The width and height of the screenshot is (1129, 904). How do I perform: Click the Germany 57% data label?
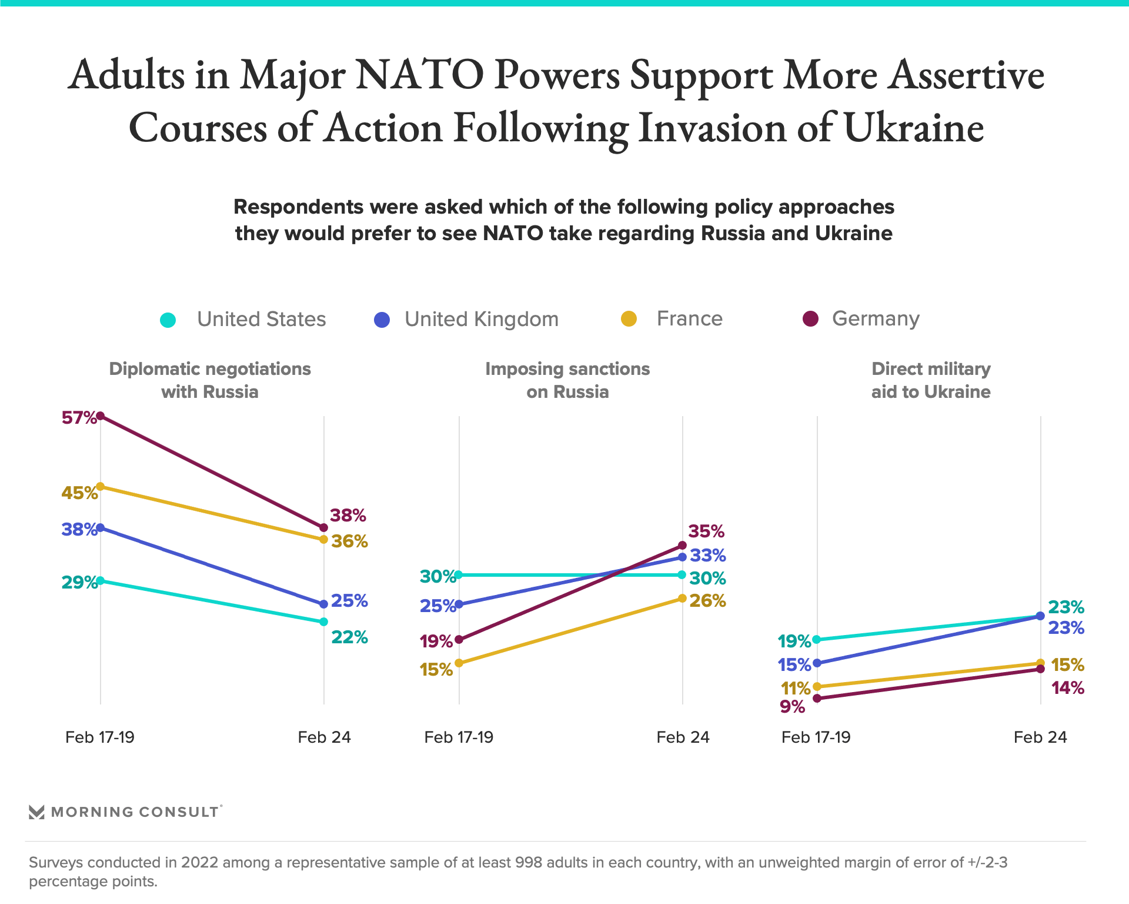(79, 418)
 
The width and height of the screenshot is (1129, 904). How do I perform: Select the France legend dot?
(629, 319)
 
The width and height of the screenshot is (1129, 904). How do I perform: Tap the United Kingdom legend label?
(481, 319)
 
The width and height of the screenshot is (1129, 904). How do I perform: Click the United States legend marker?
(168, 320)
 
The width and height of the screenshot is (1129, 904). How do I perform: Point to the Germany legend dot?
(810, 319)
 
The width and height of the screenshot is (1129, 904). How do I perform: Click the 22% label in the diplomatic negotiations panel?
(349, 637)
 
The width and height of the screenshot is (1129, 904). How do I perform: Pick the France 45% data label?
(79, 493)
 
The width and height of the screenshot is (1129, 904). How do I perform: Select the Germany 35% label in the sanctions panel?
(706, 531)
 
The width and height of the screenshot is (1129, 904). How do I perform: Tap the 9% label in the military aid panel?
(792, 707)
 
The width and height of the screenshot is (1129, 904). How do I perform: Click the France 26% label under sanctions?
(707, 601)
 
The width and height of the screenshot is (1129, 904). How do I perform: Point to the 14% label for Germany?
(1067, 688)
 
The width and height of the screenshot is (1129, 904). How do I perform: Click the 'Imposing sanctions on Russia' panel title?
(567, 380)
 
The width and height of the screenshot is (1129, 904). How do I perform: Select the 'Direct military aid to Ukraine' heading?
(931, 380)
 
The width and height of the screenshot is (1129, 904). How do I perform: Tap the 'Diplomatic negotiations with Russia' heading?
(210, 380)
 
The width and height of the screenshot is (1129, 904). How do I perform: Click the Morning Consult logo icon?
(36, 812)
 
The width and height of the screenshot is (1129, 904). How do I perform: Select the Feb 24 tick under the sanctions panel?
(683, 737)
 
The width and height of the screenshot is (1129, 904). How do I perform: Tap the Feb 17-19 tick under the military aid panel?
(816, 737)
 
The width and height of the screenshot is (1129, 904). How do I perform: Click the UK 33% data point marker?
(682, 557)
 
